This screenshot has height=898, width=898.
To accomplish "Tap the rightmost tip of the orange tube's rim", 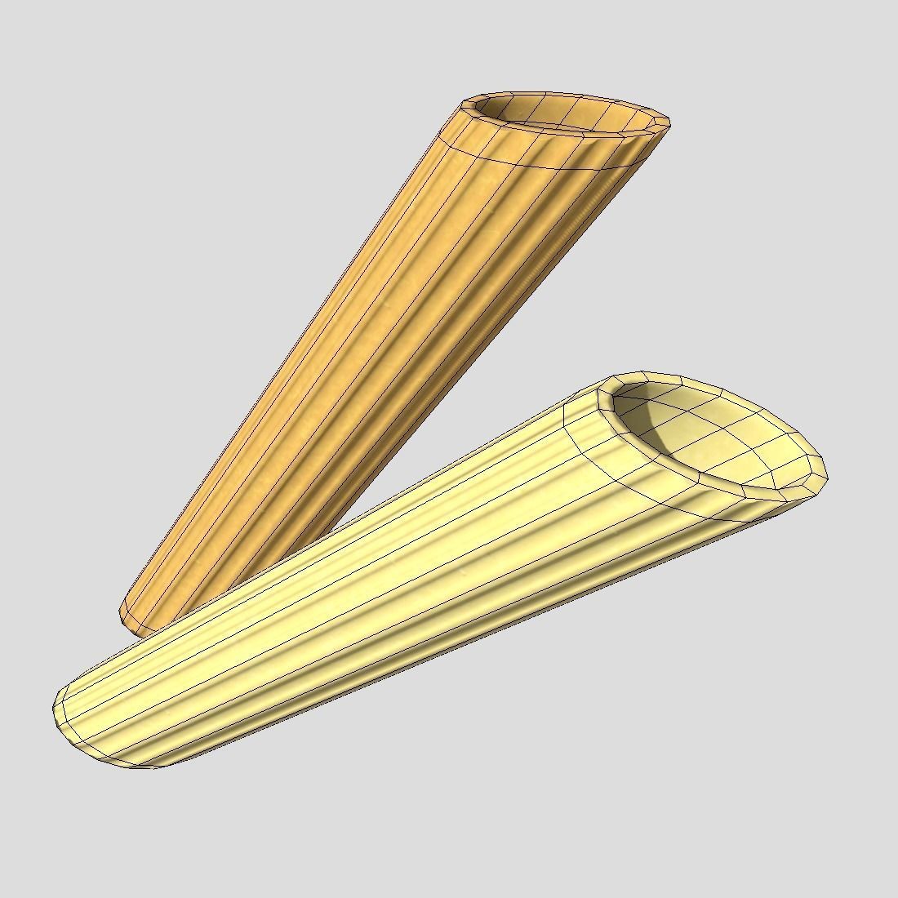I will (669, 122).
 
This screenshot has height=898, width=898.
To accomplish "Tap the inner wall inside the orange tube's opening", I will (571, 110).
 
